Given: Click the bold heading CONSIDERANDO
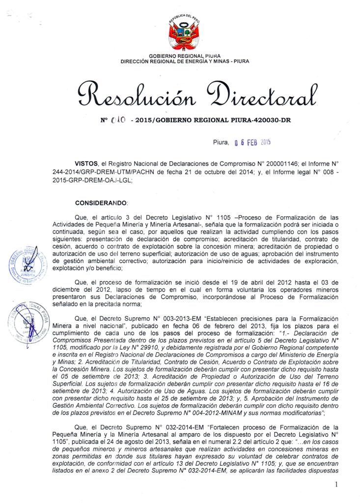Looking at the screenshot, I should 101,202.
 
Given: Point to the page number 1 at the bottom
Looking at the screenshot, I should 336,486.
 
